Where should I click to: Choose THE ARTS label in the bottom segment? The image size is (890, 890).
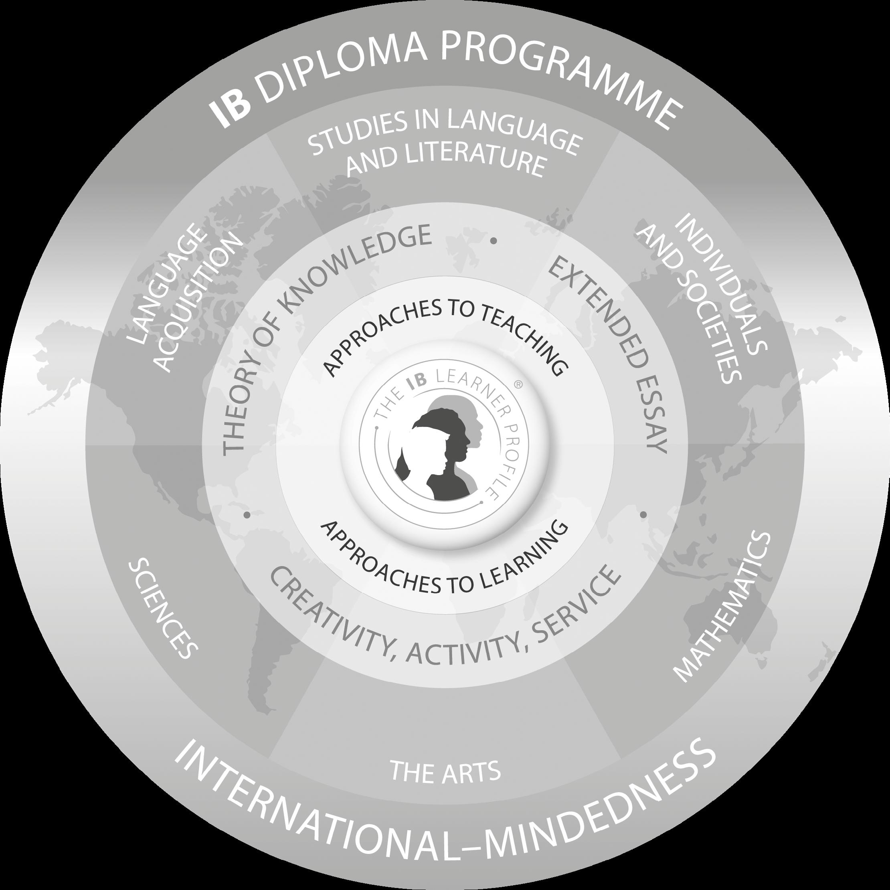445,772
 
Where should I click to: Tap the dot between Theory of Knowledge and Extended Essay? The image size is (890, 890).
494,241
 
